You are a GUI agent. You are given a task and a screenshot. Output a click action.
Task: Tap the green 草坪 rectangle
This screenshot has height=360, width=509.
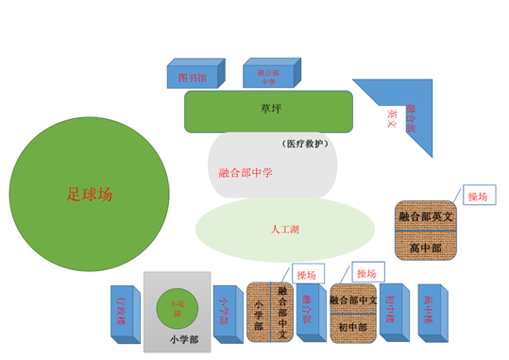(269, 111)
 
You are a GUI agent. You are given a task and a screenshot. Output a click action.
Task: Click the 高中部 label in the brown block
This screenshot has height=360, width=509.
(425, 249)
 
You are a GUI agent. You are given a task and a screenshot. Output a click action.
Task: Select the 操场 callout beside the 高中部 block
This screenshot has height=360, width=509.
(478, 197)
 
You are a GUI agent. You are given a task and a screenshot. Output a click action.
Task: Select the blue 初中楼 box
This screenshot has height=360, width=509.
(391, 310)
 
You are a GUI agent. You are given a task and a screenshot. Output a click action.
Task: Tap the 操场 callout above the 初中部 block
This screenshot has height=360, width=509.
(365, 272)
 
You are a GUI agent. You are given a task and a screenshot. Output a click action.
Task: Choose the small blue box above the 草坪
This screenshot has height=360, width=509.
(268, 76)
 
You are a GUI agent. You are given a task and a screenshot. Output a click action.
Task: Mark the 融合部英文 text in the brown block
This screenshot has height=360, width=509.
(425, 216)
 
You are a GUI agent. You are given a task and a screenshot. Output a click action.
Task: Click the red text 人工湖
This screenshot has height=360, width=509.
(285, 230)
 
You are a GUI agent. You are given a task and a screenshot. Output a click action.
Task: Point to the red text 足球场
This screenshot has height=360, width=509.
(89, 195)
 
